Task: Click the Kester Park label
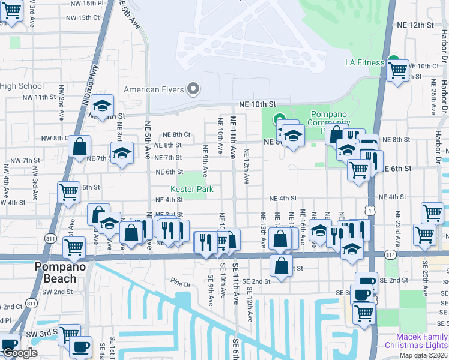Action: [192, 189]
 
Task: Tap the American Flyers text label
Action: [154, 90]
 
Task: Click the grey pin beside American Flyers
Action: [193, 89]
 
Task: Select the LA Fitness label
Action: [364, 62]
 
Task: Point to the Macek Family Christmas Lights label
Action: [421, 341]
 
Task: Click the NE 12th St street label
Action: [415, 25]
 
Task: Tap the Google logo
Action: [20, 353]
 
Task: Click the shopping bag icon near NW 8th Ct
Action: [79, 146]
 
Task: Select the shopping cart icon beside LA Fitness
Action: [397, 70]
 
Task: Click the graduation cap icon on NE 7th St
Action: [122, 153]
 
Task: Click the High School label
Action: [22, 86]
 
